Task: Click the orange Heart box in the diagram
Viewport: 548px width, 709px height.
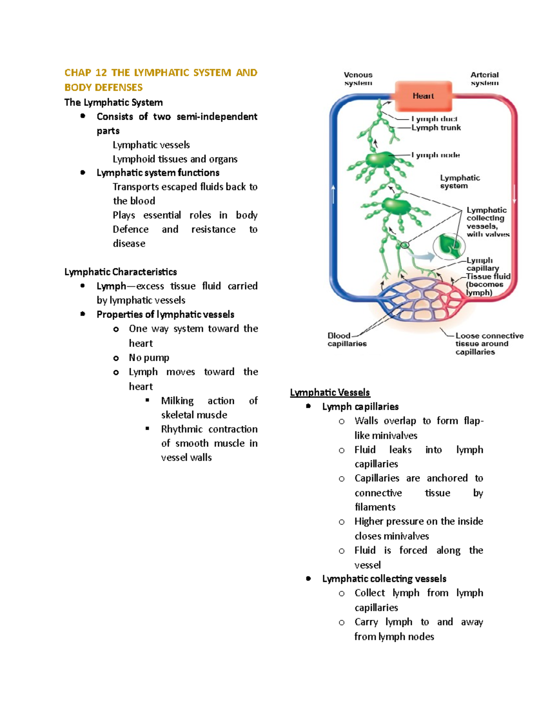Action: click(x=423, y=96)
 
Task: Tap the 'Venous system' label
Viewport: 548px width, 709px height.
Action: click(x=358, y=79)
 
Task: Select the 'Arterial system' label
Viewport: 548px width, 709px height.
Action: click(x=485, y=79)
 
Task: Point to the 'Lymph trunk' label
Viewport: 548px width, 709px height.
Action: click(x=436, y=128)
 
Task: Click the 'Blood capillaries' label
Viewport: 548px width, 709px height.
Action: click(x=347, y=340)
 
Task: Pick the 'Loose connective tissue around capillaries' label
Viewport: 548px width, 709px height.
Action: click(x=489, y=344)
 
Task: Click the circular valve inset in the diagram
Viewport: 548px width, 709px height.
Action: click(x=448, y=246)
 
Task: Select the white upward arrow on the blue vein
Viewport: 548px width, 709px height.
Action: click(x=334, y=194)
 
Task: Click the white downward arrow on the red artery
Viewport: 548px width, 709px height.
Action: click(x=515, y=194)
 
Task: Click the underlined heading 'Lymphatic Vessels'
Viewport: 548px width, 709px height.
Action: click(x=330, y=393)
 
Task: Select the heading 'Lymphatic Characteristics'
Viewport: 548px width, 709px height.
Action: click(x=121, y=272)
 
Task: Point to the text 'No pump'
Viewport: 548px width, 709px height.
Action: click(x=149, y=358)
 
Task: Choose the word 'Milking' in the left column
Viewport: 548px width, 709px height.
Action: click(x=177, y=401)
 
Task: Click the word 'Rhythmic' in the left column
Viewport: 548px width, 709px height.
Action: click(x=182, y=430)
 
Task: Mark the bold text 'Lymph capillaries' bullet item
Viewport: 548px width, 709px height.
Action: click(x=360, y=407)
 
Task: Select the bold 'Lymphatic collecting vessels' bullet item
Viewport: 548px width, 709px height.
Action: click(x=384, y=579)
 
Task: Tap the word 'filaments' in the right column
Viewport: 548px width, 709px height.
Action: click(x=375, y=507)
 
